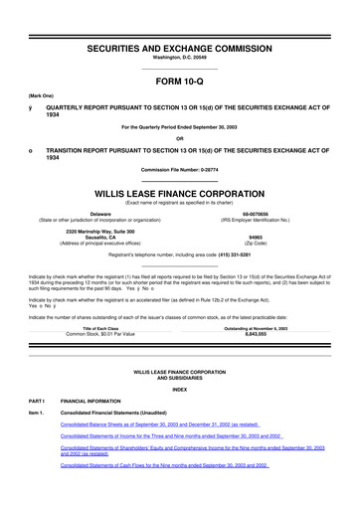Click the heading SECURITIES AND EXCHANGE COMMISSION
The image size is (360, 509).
pyautogui.click(x=180, y=20)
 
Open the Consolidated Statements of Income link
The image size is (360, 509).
pyautogui.click(x=171, y=464)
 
